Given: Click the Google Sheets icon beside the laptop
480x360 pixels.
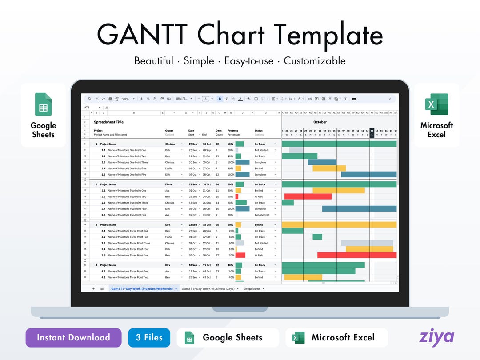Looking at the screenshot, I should point(43,104).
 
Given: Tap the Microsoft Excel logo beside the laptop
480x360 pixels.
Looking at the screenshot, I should point(436,104).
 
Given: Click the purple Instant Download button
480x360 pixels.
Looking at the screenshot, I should point(73,338).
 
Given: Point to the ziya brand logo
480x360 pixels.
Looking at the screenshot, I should point(436,337).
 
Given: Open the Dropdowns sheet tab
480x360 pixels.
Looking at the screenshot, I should point(252,288).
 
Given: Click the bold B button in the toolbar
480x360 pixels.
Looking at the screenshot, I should point(220,99).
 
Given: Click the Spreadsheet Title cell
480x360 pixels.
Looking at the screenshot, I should point(109,122).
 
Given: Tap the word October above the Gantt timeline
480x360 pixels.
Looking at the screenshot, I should point(320,122).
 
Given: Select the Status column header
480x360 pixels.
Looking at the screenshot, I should point(259,131).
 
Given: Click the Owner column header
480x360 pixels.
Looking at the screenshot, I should point(169,131).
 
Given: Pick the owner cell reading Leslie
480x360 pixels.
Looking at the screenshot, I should point(169,168).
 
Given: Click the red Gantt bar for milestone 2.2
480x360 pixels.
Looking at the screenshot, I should point(308,196).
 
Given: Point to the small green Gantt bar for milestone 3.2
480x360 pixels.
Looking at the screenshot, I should point(317,237).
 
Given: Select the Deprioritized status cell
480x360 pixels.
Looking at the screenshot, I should point(263,215).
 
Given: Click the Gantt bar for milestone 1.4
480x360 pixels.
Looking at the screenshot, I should point(329,168).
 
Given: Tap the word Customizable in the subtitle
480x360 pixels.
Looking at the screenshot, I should point(314,61).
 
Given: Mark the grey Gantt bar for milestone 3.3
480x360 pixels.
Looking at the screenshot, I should point(367,243).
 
